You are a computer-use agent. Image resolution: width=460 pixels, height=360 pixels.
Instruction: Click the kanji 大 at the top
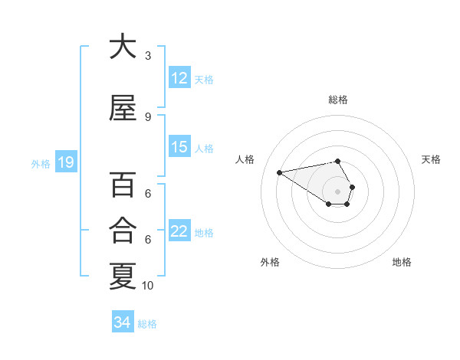(123, 47)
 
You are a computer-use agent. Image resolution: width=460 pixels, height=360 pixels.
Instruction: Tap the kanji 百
(123, 185)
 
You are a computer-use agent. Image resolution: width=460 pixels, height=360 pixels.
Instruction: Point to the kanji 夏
(123, 276)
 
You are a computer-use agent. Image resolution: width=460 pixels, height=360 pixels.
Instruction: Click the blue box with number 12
(179, 78)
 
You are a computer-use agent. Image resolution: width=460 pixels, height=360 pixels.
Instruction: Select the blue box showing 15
(179, 147)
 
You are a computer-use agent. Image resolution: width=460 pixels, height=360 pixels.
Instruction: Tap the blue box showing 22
(179, 231)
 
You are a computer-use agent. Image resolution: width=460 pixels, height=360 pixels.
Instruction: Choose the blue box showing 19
(65, 162)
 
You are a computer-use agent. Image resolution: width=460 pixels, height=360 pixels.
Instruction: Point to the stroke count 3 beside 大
(148, 56)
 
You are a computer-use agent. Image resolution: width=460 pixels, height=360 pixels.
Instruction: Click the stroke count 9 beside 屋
(148, 117)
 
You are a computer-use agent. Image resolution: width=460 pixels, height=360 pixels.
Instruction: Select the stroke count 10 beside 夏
(148, 286)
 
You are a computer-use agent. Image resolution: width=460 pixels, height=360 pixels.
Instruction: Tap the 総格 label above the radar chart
(338, 100)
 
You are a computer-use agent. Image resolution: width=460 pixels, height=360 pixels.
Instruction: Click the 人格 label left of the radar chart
(245, 159)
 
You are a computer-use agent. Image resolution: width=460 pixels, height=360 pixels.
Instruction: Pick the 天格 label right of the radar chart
(431, 159)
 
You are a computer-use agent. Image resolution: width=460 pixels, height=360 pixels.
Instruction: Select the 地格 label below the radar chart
(402, 262)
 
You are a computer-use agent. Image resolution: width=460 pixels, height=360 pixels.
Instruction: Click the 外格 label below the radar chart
(270, 262)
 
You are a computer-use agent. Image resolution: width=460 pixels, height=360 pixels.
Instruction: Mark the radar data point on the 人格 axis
(280, 172)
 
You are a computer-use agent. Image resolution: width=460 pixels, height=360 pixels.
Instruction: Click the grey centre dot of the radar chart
(338, 191)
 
